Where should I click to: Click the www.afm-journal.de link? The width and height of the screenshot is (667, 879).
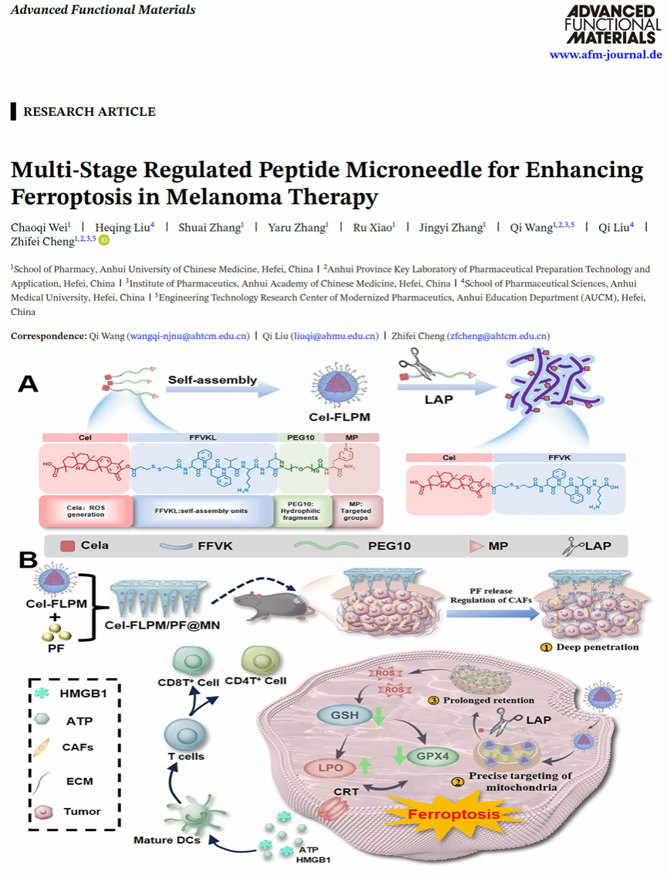pyautogui.click(x=605, y=55)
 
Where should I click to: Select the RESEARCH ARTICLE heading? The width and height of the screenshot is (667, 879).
pyautogui.click(x=89, y=112)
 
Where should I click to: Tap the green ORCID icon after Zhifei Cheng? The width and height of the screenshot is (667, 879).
pyautogui.click(x=103, y=240)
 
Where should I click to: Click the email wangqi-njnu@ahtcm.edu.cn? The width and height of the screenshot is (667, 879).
pyautogui.click(x=189, y=336)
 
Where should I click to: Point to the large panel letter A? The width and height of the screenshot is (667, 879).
pyautogui.click(x=29, y=384)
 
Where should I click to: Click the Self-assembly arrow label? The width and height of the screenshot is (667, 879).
pyautogui.click(x=212, y=380)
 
